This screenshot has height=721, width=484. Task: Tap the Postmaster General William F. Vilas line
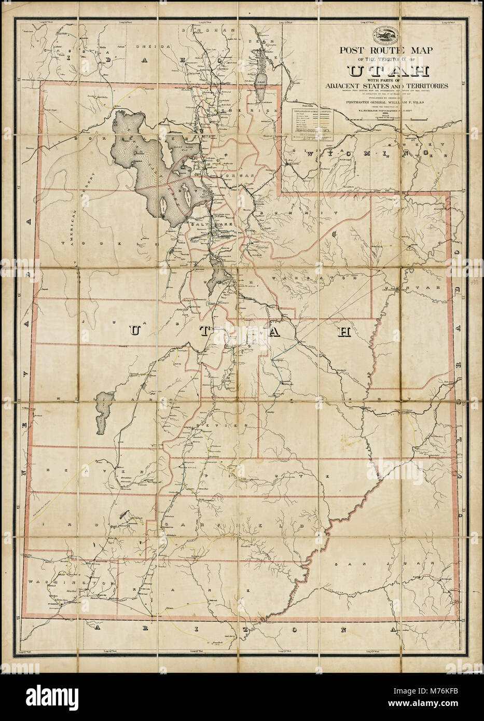point(384,102)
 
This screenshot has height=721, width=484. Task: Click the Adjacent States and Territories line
point(384,86)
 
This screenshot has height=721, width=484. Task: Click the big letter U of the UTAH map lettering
point(134,331)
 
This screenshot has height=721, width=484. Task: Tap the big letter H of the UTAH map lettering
point(343,332)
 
